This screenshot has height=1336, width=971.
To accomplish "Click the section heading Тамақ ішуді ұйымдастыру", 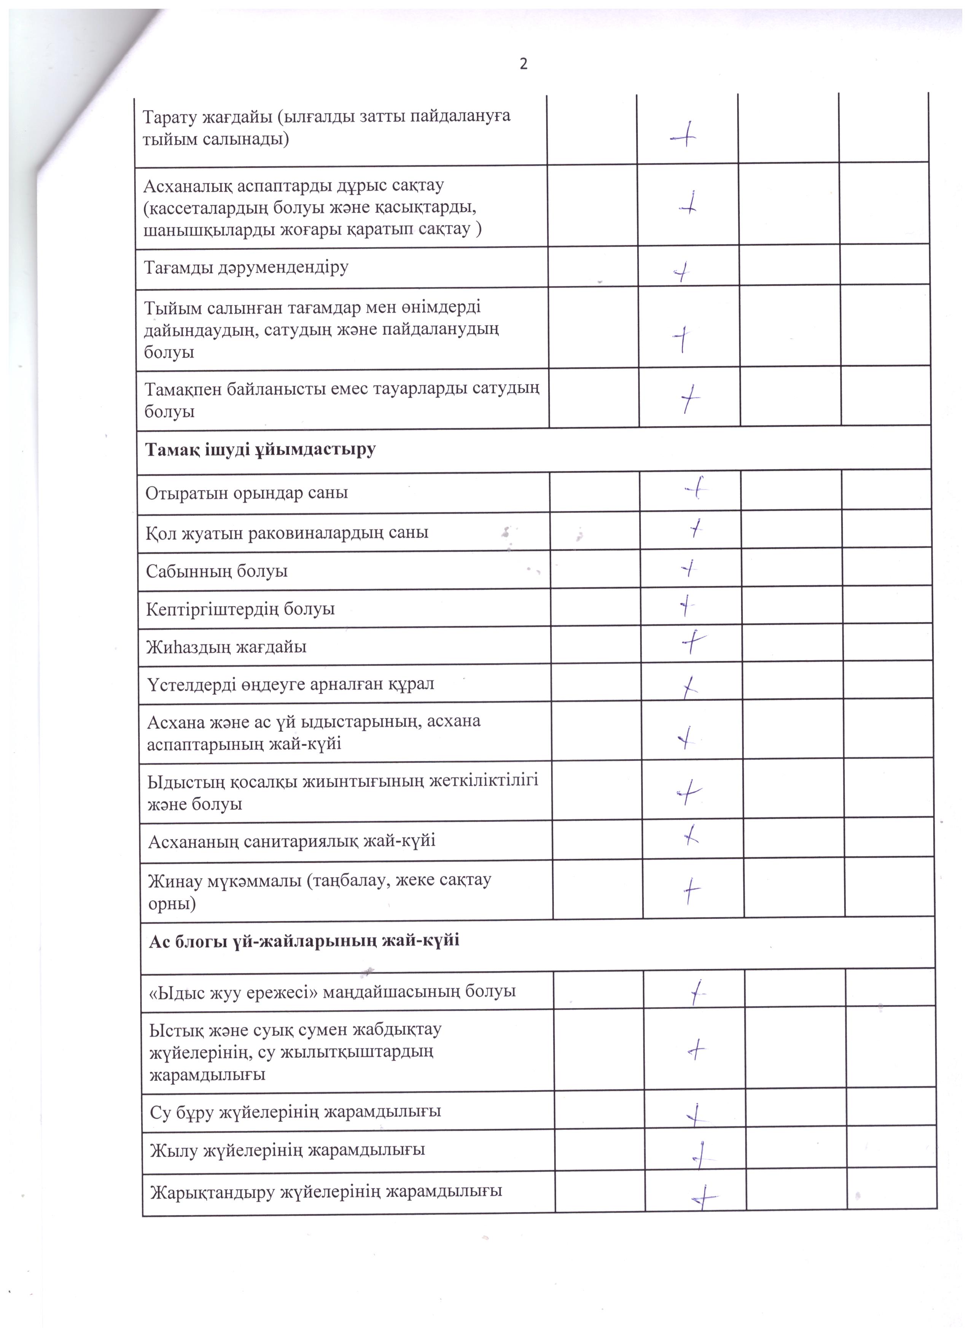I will [x=260, y=450].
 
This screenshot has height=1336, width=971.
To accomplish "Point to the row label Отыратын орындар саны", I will [x=247, y=493].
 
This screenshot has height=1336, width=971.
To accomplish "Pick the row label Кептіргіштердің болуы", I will [x=240, y=609].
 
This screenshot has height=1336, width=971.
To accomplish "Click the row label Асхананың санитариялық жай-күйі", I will [x=291, y=840].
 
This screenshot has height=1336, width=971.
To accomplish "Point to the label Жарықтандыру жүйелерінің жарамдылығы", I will [x=326, y=1192].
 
